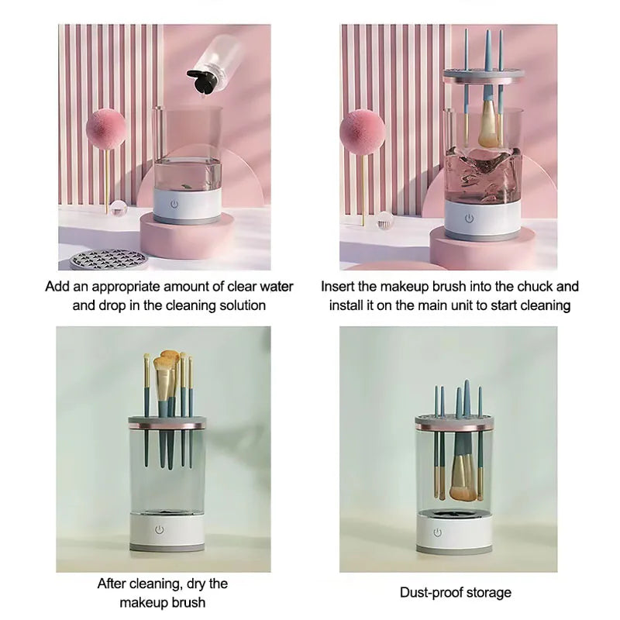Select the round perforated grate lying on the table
(x=106, y=257)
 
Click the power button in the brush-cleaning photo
(x=468, y=218)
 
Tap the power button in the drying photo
(x=160, y=529)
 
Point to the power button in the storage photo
(x=438, y=532)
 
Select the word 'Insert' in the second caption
(x=339, y=287)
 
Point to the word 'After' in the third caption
(x=113, y=584)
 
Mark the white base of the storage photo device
(x=455, y=532)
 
